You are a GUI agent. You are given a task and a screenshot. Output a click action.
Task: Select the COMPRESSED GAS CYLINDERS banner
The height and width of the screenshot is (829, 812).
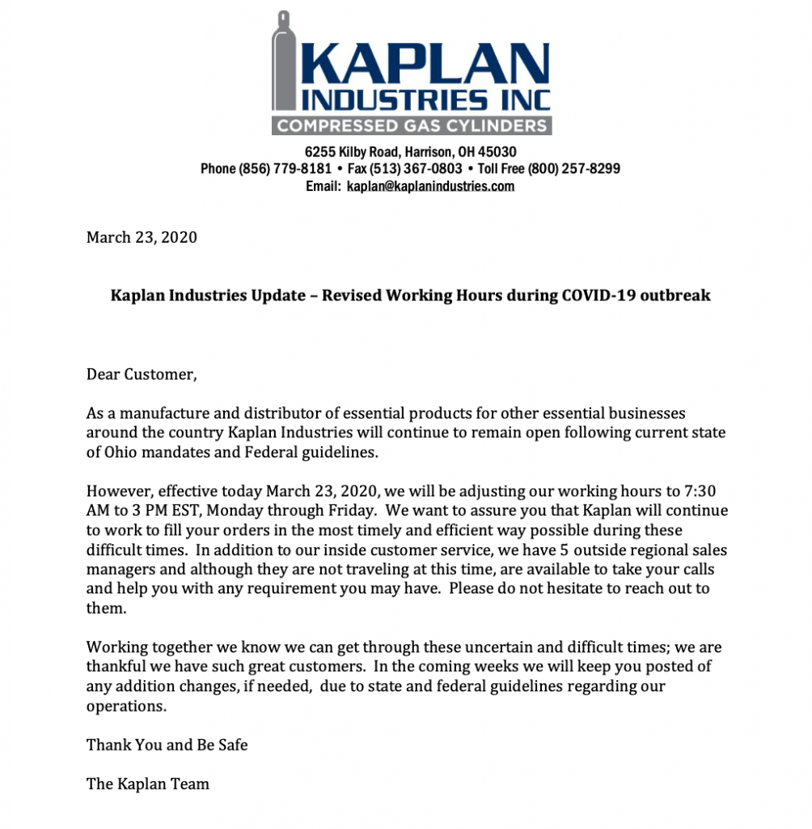tap(412, 125)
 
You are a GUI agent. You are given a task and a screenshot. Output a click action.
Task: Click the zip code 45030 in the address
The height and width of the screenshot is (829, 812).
tap(499, 151)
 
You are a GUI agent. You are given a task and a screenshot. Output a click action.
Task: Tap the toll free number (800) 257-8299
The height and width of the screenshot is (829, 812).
tap(573, 169)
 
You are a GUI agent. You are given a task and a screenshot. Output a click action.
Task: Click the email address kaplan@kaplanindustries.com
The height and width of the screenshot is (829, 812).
tap(430, 186)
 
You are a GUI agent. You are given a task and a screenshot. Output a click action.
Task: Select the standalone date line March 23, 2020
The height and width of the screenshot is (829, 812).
tap(142, 237)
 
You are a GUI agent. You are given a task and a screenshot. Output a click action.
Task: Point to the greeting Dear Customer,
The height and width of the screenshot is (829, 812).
tap(142, 374)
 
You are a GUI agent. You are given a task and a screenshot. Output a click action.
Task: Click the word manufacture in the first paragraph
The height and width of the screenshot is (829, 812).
tap(160, 413)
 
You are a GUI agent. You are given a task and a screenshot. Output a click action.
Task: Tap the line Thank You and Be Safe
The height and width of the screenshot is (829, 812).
tap(167, 745)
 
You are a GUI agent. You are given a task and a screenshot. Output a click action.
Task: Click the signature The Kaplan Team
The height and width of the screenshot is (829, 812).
tap(148, 784)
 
